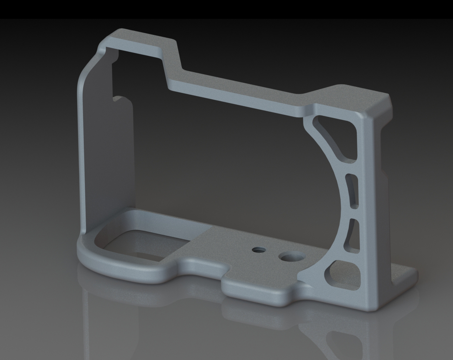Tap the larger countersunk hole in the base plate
286,256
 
